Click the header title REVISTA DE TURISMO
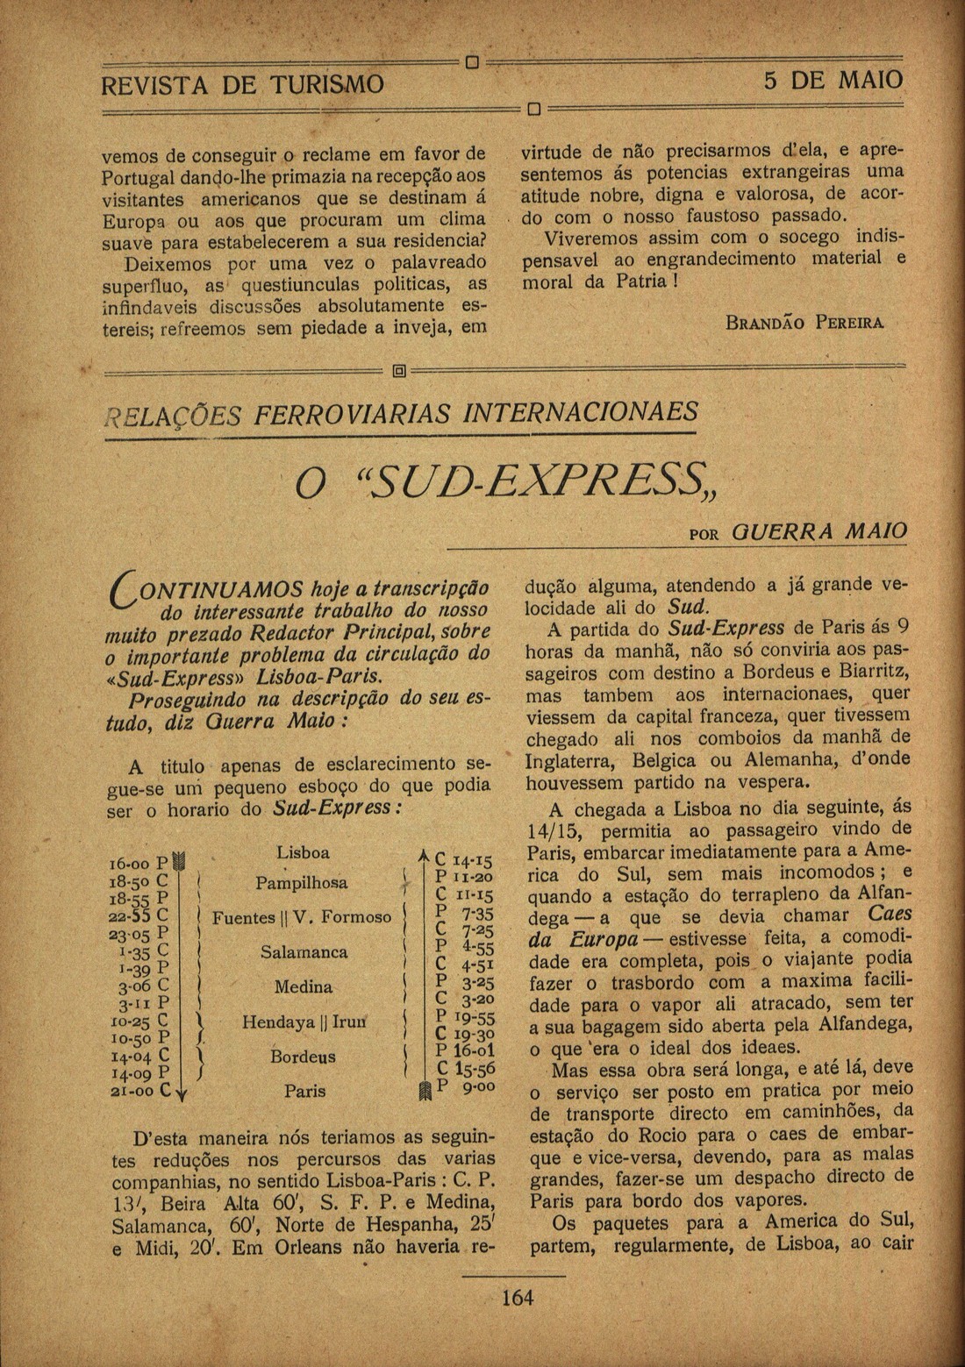(x=242, y=84)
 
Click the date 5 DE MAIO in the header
(x=833, y=81)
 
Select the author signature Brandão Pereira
(x=805, y=323)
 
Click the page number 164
(x=518, y=1296)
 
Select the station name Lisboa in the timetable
(x=303, y=852)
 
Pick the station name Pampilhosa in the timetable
(x=301, y=883)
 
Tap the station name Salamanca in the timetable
(x=304, y=952)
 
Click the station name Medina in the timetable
(x=303, y=987)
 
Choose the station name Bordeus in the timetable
(x=303, y=1057)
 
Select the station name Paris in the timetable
(x=304, y=1092)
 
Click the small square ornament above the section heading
(x=399, y=372)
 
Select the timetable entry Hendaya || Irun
(x=304, y=1022)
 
